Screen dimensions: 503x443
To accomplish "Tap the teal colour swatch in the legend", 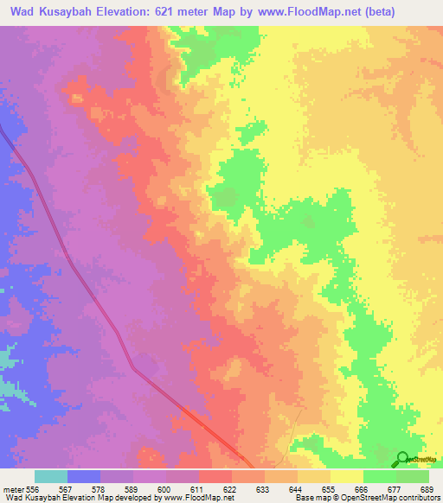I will point(51,476).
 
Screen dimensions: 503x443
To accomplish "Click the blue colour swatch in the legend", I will point(84,476).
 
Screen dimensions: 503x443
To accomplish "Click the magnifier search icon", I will point(402,460).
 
